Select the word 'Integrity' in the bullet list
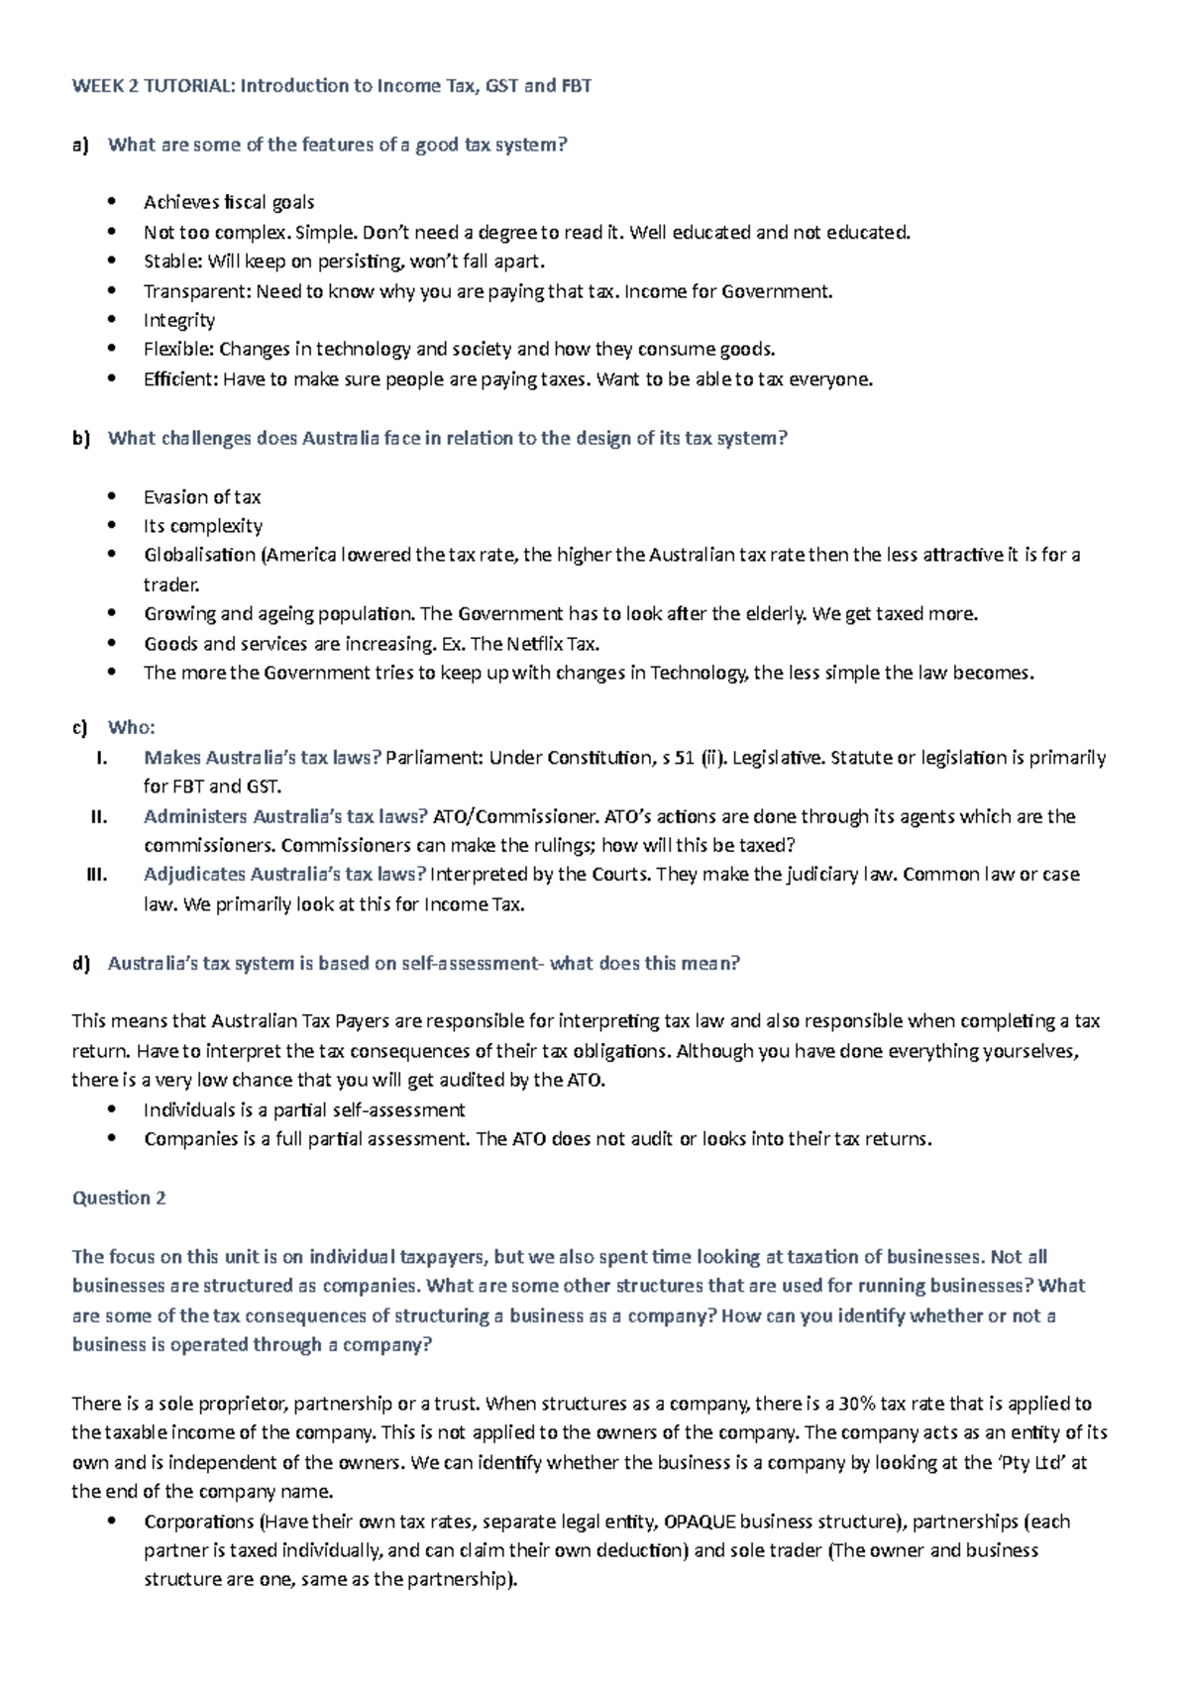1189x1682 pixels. click(179, 320)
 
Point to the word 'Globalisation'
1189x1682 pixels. click(199, 555)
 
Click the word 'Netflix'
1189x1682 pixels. click(536, 644)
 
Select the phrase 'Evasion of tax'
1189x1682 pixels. click(202, 497)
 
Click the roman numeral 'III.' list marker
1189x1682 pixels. click(97, 875)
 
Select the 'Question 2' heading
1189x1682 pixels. click(119, 1199)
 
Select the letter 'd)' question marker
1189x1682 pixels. click(81, 964)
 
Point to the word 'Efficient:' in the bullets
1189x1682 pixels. click(180, 379)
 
